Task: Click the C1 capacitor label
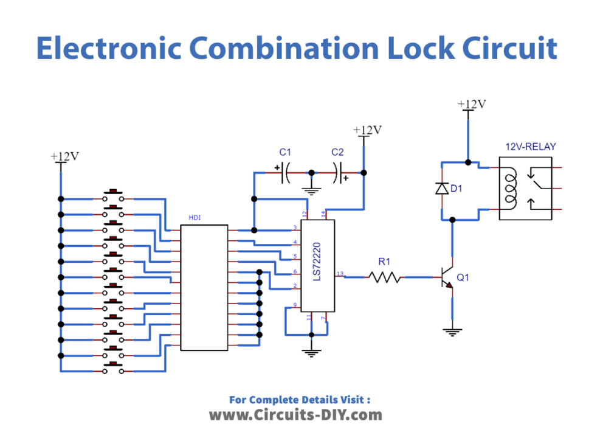pos(285,152)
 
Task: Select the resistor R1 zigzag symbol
pos(384,277)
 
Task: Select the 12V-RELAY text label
pos(530,147)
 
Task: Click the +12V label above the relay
pos(472,104)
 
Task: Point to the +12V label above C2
pos(367,130)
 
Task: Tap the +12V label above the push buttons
pos(64,156)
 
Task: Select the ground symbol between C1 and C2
pos(311,190)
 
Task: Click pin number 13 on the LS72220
pos(340,274)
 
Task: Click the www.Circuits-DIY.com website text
pos(296,415)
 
